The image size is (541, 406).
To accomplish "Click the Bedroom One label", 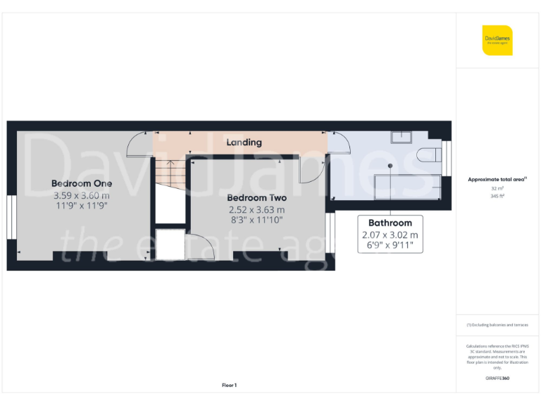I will (81, 183).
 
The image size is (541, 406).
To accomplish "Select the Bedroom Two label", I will (256, 198).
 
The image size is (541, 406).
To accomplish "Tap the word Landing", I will (244, 142).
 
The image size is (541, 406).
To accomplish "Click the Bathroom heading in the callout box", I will (390, 223).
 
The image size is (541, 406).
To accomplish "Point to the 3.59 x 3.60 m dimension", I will (81, 195).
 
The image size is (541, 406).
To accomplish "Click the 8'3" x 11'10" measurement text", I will (256, 221).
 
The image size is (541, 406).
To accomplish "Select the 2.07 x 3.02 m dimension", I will (390, 235).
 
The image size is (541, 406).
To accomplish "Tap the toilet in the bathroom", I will (426, 156).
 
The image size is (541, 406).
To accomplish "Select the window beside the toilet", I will (447, 156).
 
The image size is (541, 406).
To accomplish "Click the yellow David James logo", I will (497, 40).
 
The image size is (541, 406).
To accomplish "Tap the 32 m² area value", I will (497, 189).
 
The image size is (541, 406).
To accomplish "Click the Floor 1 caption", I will (230, 386).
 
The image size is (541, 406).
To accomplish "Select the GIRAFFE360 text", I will (497, 379).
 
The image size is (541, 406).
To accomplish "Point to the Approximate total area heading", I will (497, 180).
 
